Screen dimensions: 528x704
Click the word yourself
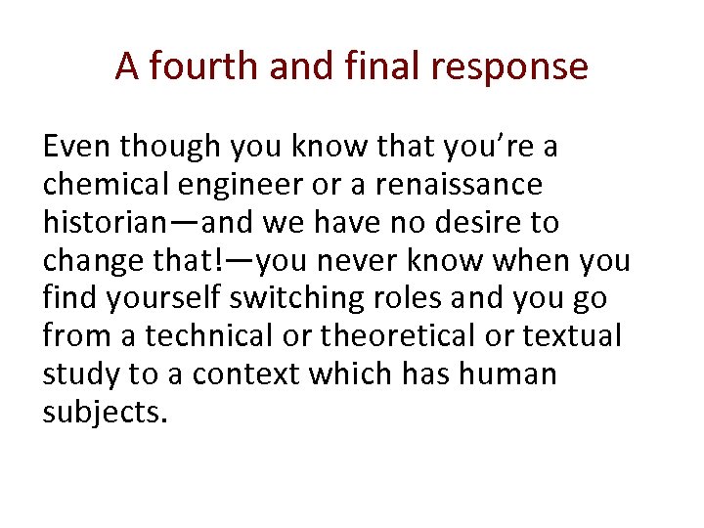pyautogui.click(x=153, y=299)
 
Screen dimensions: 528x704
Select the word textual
pyautogui.click(x=573, y=336)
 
